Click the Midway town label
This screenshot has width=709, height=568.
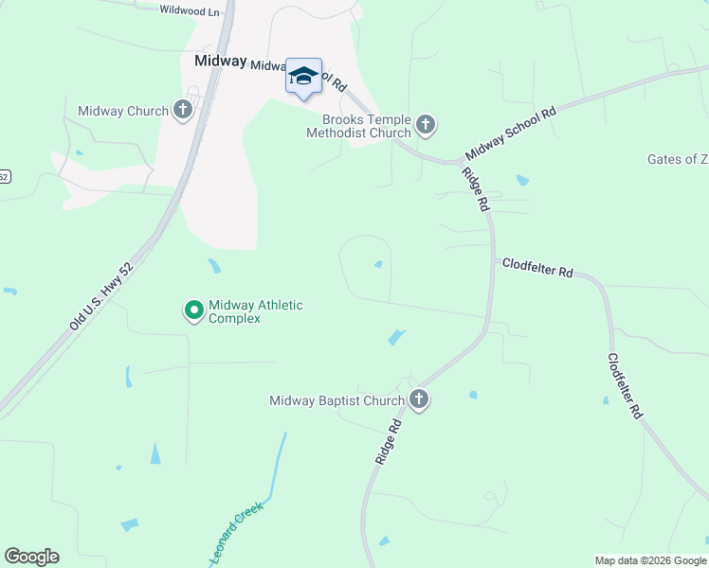[x=220, y=60]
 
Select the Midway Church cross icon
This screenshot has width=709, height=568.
[x=183, y=111]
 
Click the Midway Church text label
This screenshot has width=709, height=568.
[x=123, y=112]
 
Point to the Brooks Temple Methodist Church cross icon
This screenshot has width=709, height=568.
[x=426, y=124]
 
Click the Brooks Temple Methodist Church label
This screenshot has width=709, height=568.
[x=359, y=126]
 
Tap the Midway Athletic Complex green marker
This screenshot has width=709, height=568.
[x=193, y=310]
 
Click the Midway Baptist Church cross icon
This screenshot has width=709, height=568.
[x=419, y=400]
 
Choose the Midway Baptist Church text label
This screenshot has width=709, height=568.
[x=337, y=401]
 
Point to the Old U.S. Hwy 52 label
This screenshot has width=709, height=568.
[x=100, y=295]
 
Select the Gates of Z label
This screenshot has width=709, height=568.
[x=677, y=159]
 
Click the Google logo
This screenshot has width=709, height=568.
[x=31, y=557]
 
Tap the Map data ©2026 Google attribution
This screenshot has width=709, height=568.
[x=650, y=560]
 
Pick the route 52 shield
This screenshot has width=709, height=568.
[x=5, y=176]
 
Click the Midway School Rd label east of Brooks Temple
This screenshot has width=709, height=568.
[x=510, y=133]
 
